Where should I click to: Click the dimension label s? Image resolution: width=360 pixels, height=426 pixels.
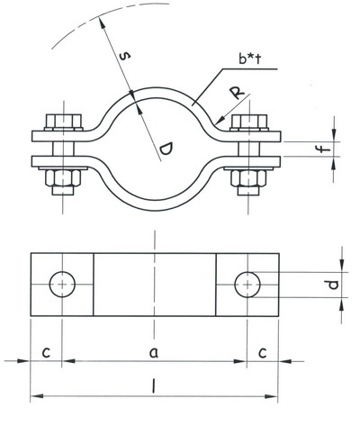pos(125,56)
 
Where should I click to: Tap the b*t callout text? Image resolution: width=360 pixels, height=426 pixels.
pos(249,59)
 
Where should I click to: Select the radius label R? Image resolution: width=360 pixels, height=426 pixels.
pos(238,93)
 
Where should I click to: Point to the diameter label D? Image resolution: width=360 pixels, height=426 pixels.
pos(166,150)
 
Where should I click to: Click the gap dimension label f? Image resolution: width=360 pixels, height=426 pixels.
pos(324,149)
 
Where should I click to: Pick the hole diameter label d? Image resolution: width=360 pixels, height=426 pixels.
pos(333,285)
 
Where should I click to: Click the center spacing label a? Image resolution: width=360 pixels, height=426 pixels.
pos(154,353)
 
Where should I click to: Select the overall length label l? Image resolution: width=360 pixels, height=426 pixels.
pos(153,385)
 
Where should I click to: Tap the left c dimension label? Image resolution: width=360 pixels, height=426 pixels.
pos(46,352)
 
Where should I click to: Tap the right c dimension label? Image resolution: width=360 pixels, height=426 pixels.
pos(263,353)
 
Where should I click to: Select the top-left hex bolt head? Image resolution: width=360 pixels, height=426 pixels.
pos(64,122)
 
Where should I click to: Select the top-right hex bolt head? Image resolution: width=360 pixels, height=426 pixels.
pos(249,122)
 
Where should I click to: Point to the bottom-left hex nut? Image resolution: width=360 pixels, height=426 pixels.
pos(63,177)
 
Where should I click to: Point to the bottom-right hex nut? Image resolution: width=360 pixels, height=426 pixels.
pos(248,178)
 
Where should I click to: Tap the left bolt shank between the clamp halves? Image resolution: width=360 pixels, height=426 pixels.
pos(63,149)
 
